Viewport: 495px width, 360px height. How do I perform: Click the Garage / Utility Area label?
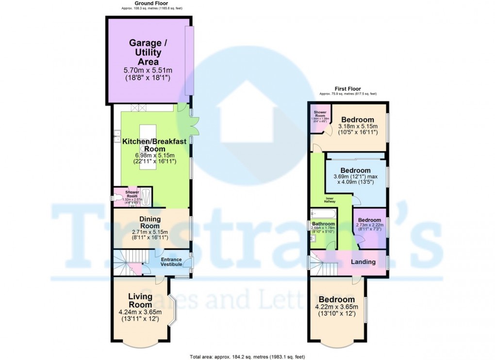(x=145, y=52)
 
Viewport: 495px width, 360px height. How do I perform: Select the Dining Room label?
(x=150, y=222)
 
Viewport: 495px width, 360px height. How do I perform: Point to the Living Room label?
(x=140, y=300)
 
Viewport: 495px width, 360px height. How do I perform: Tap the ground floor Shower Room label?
(x=132, y=194)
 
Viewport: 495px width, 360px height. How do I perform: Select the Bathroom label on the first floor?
(x=323, y=224)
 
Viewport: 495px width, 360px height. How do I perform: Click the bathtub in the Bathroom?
(x=323, y=213)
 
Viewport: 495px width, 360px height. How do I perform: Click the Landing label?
(x=363, y=262)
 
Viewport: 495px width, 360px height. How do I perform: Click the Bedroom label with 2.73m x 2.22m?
(x=370, y=220)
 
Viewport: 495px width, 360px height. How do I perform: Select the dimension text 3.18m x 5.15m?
(x=357, y=128)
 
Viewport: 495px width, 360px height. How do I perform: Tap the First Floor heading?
(x=347, y=89)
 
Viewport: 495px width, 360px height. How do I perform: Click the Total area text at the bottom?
(x=247, y=357)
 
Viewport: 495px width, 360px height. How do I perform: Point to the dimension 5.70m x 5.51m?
(x=145, y=70)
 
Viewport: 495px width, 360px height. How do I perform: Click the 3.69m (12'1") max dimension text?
(x=356, y=177)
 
